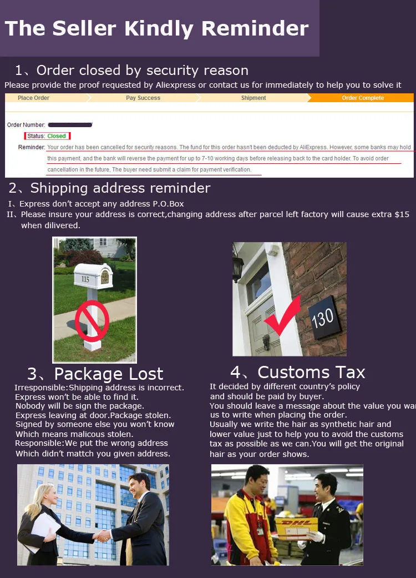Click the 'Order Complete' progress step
coord(362,98)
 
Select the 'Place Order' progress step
coord(33,98)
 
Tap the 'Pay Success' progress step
coord(143,98)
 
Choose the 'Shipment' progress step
coord(253,98)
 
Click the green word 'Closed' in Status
coord(57,136)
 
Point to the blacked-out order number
coord(69,125)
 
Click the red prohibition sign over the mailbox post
coord(92,321)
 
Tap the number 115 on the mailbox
coord(85,279)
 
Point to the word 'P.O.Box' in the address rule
coord(169,204)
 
